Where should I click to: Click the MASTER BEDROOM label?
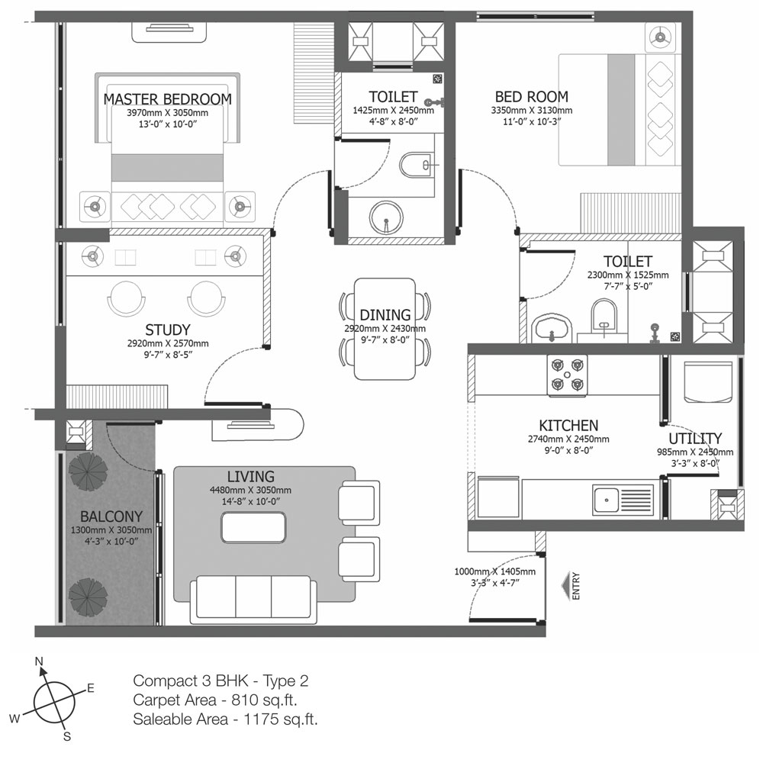coord(168,99)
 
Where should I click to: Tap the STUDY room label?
coord(168,330)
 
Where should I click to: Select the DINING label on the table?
coord(385,315)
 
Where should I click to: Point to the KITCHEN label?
coord(568,426)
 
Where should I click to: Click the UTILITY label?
coord(695,438)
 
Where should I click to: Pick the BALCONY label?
coord(111,517)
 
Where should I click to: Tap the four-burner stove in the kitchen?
coord(567,375)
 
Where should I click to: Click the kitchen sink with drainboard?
coord(623,500)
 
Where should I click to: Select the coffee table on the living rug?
coord(253,527)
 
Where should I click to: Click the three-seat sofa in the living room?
coord(253,599)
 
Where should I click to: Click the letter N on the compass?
coord(39,661)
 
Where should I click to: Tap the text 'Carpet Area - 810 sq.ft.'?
coord(215,700)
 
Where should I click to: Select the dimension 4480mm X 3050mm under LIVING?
coord(250,490)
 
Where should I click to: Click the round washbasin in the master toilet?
coord(386,217)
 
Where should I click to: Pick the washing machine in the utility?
coord(708,382)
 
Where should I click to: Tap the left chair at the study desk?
coord(127,298)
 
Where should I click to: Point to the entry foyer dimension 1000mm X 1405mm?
coord(495,571)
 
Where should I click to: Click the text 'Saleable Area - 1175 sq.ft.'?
coord(225,719)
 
